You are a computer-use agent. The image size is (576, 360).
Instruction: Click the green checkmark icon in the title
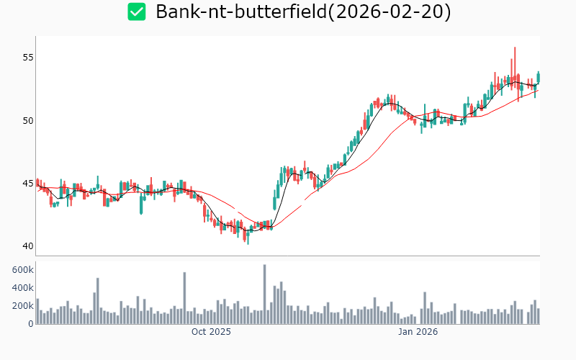pos(136,12)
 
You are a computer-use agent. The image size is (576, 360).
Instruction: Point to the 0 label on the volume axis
pos(30,323)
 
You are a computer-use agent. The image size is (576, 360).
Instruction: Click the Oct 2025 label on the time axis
pos(211,332)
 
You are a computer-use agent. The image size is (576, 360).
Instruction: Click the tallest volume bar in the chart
pos(264,294)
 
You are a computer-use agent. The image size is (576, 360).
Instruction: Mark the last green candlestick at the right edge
pos(538,76)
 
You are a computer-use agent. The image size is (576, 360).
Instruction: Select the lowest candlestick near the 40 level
pos(248,236)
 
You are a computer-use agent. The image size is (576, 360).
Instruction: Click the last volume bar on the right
pos(538,316)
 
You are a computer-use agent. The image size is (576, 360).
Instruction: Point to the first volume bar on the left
pos(37,311)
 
